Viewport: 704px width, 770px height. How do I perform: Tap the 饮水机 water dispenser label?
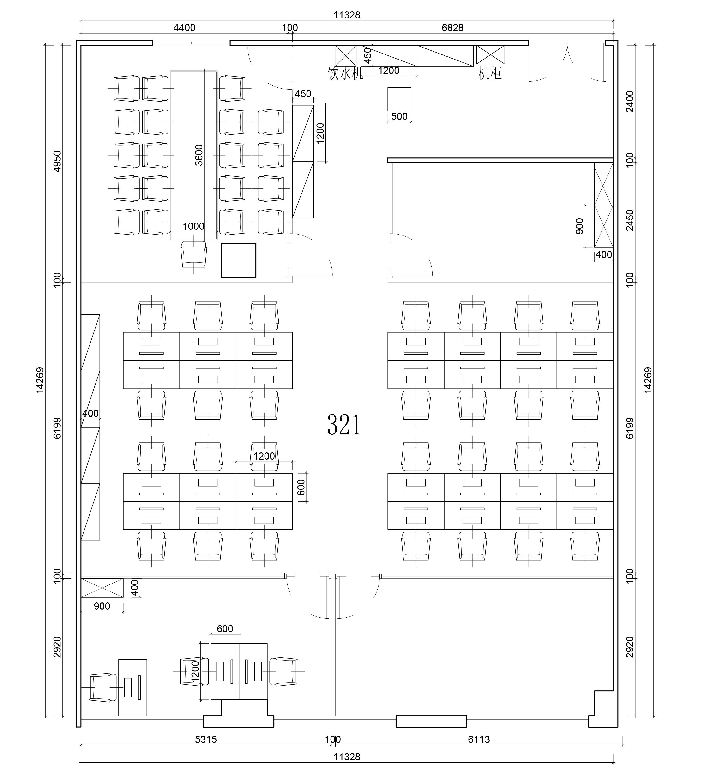coord(345,73)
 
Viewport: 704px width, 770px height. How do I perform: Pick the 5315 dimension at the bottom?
coord(206,740)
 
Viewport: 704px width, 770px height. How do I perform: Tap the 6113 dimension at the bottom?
coord(479,740)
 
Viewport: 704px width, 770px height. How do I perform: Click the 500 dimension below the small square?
coord(399,116)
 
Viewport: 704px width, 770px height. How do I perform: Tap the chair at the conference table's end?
coord(194,254)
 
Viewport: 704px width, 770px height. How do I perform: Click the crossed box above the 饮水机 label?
coord(345,55)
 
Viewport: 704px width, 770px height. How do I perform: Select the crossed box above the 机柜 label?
coord(490,55)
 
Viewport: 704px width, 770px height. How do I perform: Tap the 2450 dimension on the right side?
coord(630,220)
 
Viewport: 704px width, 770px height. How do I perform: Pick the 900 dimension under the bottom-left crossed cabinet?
coord(102,606)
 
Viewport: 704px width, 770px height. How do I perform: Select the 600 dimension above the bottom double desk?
coord(225,629)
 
